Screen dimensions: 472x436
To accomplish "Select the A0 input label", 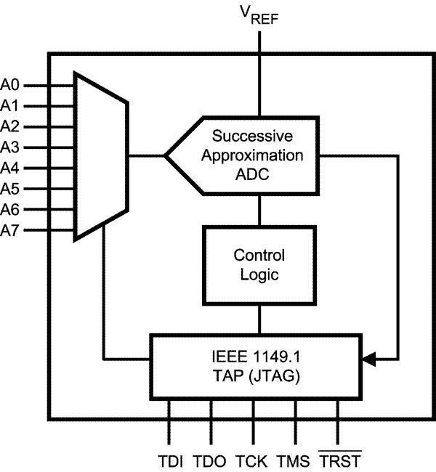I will coord(10,84).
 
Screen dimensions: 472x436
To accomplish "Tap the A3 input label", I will coord(10,147).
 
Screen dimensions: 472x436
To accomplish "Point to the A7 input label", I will coord(10,232).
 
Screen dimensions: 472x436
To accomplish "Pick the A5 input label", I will coord(10,190).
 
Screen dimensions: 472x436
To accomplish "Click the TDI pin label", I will coord(170,460).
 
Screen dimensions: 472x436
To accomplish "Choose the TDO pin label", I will coord(211,460).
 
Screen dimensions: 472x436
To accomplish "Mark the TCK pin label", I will coord(253,460).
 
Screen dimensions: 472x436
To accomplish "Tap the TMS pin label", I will coord(294,460).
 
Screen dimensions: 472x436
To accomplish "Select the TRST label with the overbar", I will coord(339,460).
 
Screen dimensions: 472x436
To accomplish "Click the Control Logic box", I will coord(259,265).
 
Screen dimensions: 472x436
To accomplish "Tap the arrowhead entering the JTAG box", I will coord(368,359).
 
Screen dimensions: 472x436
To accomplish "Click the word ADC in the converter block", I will coord(259,176).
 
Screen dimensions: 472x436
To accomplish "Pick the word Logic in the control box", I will coord(259,276).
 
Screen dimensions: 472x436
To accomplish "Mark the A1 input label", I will coord(10,105).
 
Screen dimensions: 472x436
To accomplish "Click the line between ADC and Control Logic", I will coord(259,210).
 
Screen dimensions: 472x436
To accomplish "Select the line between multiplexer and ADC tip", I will coord(145,155).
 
